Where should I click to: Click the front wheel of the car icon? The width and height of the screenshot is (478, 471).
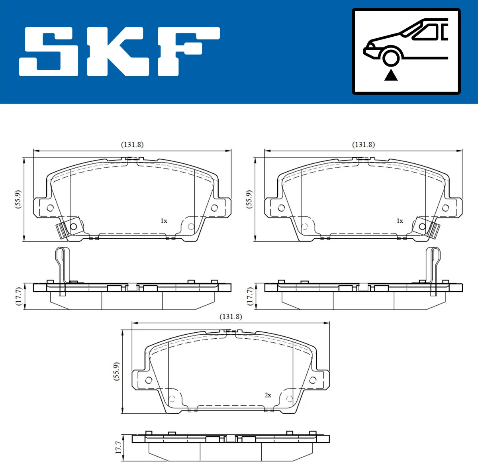(x=391, y=57)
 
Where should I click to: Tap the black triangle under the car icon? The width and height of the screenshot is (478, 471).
(x=391, y=75)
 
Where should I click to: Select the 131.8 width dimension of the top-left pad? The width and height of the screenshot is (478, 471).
(x=132, y=145)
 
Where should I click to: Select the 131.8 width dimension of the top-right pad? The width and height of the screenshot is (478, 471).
(x=363, y=145)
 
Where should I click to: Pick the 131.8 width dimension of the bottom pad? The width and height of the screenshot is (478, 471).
(x=231, y=317)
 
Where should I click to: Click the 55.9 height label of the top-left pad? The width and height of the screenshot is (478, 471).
(x=18, y=199)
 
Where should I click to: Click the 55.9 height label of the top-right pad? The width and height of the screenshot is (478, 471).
(x=249, y=199)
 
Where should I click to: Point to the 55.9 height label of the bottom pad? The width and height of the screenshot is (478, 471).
(x=116, y=371)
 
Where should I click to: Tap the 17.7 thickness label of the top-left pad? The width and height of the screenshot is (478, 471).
(x=18, y=296)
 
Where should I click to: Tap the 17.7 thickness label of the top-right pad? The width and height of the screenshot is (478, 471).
(x=249, y=296)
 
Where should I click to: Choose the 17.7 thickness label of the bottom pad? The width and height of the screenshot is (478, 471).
(x=118, y=447)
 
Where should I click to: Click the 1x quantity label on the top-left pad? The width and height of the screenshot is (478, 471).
(x=164, y=221)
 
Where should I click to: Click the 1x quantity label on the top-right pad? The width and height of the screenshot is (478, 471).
(x=400, y=221)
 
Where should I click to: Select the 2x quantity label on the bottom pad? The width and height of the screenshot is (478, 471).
(x=268, y=395)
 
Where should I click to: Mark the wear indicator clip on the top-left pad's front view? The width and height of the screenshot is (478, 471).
(x=61, y=230)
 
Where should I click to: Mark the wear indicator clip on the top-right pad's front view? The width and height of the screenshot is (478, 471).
(x=434, y=230)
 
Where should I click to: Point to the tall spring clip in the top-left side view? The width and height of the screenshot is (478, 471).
(x=61, y=271)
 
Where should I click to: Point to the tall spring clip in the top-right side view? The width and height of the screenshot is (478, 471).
(x=433, y=271)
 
